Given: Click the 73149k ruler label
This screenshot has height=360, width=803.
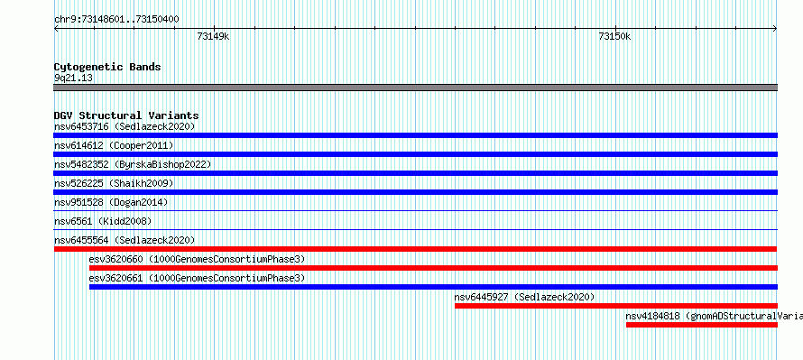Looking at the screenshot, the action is (x=213, y=36).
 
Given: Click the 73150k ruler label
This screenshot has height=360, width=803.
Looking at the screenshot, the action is (x=614, y=36).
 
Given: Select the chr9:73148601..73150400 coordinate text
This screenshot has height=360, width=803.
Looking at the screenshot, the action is (x=116, y=20).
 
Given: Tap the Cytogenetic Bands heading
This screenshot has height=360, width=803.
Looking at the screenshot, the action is (x=107, y=67).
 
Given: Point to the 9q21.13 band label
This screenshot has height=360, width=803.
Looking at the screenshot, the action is (x=73, y=78).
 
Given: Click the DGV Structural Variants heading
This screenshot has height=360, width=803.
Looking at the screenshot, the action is (x=126, y=115).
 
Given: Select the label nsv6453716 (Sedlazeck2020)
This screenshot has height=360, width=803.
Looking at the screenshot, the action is (x=125, y=126).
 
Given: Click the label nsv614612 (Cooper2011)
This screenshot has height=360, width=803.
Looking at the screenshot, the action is (x=114, y=146).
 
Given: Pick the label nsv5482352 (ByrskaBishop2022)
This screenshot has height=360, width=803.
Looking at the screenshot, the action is (x=133, y=164).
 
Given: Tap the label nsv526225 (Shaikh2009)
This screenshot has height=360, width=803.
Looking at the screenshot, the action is (x=114, y=183).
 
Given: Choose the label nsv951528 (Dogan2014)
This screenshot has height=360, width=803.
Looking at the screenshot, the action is (x=111, y=202).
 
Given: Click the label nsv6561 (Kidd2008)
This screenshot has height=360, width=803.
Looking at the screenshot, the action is (x=103, y=221).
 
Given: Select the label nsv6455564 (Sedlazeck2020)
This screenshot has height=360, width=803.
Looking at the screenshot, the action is (x=125, y=240).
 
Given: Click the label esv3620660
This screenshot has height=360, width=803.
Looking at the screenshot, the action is (x=115, y=259).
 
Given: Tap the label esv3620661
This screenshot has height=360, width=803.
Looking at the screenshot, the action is (x=115, y=278).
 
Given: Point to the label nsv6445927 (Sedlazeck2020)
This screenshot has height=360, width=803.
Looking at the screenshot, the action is (x=524, y=297).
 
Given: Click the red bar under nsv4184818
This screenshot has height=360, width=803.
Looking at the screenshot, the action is (x=702, y=325).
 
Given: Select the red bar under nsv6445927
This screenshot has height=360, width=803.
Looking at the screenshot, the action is (x=616, y=306).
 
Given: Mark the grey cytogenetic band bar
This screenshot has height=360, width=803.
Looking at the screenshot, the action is (x=415, y=88).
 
